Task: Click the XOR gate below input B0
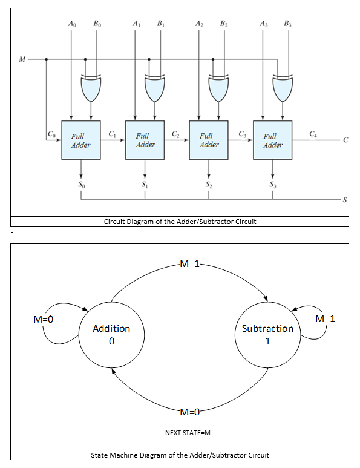[x=91, y=88]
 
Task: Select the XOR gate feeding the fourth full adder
[x=283, y=88]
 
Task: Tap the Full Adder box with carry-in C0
[x=81, y=140]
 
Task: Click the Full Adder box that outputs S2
[x=209, y=140]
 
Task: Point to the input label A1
[x=136, y=24]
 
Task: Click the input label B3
[x=288, y=24]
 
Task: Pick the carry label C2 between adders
[x=175, y=134]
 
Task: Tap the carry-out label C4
[x=313, y=134]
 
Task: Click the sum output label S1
[x=145, y=185]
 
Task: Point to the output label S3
[x=273, y=185]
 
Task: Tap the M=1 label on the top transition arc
[x=190, y=263]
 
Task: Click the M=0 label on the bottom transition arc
[x=190, y=412]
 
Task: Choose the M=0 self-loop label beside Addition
[x=44, y=319]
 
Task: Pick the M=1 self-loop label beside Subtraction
[x=325, y=319]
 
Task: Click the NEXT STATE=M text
[x=188, y=433]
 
